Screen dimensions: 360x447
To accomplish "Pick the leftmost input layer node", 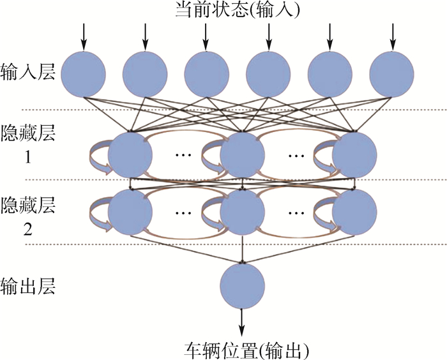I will click(x=83, y=74).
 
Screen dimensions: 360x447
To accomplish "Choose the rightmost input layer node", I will click(x=391, y=74).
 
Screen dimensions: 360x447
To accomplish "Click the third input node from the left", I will click(x=206, y=74).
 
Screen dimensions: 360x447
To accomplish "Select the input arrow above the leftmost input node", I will click(x=83, y=36).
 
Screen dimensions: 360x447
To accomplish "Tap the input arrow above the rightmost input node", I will click(x=391, y=36).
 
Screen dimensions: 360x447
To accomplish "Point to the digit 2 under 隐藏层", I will click(x=27, y=231).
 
